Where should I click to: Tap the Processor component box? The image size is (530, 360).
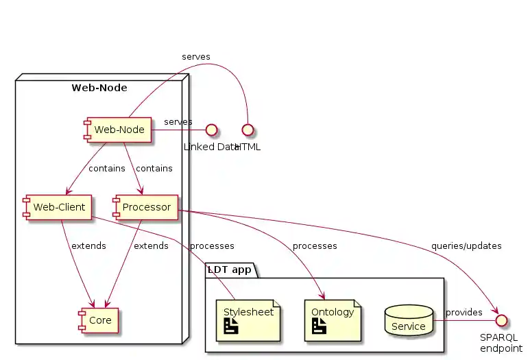(x=146, y=207)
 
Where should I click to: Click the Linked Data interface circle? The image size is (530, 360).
(x=212, y=129)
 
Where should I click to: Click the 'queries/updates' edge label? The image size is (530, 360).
(x=466, y=245)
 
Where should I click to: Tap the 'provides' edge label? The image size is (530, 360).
(x=464, y=313)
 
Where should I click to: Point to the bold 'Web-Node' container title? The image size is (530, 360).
(x=99, y=88)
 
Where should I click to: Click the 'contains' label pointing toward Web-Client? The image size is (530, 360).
(x=106, y=168)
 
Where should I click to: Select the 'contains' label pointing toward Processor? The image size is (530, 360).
(x=154, y=168)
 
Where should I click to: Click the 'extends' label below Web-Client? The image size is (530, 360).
(x=88, y=245)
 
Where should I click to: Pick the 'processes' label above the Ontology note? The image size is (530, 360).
(x=314, y=245)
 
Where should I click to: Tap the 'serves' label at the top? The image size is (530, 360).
(x=195, y=56)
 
